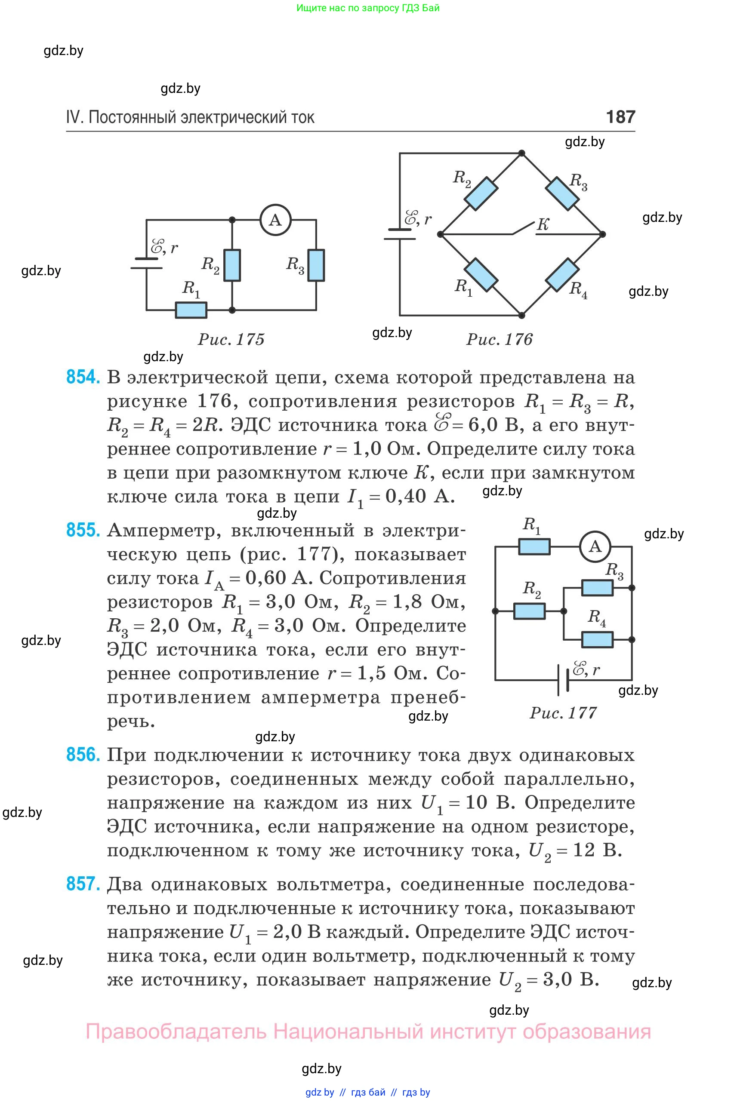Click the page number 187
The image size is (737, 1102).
point(620,117)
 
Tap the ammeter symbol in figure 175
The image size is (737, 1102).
point(275,220)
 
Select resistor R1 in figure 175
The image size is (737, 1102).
point(191,310)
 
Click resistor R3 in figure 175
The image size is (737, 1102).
point(316,265)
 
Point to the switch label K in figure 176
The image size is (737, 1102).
point(543,224)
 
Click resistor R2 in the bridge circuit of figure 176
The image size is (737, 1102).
point(481,193)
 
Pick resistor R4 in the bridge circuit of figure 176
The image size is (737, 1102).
point(562,274)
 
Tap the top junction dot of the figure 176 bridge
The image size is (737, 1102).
point(521,153)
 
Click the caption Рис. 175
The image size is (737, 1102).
point(231,339)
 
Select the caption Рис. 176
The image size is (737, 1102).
point(499,339)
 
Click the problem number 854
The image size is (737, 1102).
point(83,377)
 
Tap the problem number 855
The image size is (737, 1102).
point(83,530)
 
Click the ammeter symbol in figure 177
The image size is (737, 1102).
point(595,546)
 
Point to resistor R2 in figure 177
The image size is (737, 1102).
point(530,611)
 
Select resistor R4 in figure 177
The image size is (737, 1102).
point(598,639)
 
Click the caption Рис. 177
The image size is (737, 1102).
point(563,712)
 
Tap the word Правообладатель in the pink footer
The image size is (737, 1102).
point(176,1031)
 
